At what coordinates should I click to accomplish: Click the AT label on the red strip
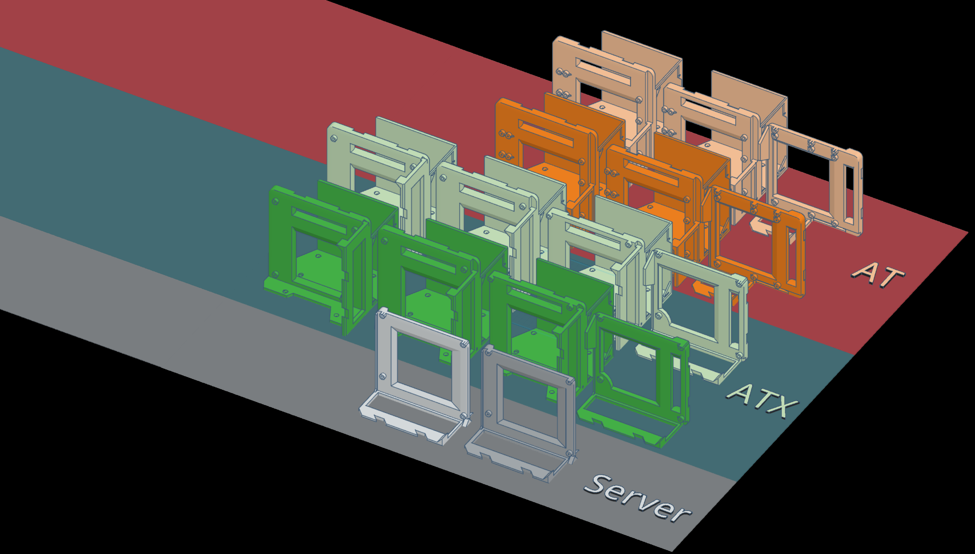pyautogui.click(x=877, y=275)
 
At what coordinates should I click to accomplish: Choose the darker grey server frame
pyautogui.click(x=521, y=415)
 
